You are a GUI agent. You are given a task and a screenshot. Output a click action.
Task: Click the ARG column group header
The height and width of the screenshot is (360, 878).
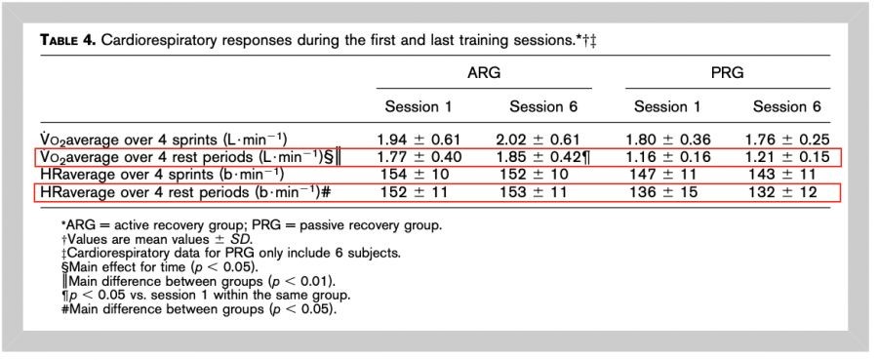point(484,73)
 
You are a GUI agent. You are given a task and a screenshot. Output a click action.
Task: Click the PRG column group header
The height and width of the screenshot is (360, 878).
point(727,73)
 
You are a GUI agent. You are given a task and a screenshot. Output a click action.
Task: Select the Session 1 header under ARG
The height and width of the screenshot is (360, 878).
point(419,107)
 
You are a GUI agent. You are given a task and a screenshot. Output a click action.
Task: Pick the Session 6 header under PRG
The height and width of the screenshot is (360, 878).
point(786,107)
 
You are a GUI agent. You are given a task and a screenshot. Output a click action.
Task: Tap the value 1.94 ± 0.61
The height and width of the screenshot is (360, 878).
point(419,140)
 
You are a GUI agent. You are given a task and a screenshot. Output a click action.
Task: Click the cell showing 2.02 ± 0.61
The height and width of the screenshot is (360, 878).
point(538,140)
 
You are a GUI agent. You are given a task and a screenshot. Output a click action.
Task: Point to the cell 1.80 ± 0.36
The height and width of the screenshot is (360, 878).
point(667,140)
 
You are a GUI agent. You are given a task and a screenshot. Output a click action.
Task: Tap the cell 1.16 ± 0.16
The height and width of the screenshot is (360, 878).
point(668,157)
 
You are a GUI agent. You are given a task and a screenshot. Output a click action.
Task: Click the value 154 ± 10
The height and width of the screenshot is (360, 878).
point(415,175)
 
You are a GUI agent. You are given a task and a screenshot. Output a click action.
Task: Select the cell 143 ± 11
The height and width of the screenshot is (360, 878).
point(782,175)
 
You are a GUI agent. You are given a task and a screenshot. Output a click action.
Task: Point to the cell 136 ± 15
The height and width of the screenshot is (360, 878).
point(664,192)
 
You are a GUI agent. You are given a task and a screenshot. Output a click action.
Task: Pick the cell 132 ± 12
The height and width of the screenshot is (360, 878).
point(782,192)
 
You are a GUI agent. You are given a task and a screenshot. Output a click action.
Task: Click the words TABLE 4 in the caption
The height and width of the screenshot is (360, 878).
point(66,42)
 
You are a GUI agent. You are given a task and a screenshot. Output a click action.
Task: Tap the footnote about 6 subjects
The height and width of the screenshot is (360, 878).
point(230,253)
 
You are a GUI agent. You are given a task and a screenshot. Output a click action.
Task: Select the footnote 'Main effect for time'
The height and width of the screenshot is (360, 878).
point(159,266)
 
